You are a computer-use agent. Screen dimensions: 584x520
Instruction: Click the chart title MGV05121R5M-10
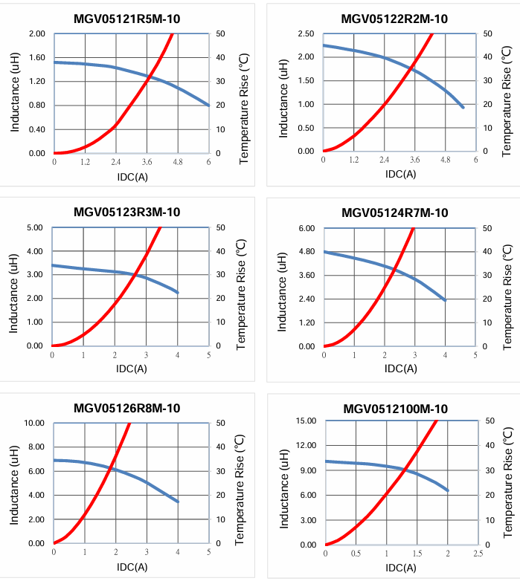click(126, 19)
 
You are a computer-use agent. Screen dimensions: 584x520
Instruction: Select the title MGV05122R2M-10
click(394, 19)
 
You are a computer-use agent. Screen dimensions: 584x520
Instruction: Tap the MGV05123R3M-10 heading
click(126, 212)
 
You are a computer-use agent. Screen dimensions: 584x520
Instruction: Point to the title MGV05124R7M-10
click(395, 213)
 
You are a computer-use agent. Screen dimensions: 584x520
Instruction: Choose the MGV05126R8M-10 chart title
click(126, 408)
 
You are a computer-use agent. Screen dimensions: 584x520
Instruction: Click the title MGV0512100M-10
click(395, 409)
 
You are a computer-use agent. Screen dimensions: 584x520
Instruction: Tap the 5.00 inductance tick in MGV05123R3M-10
click(35, 227)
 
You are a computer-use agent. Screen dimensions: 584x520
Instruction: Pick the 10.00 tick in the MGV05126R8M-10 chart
click(33, 424)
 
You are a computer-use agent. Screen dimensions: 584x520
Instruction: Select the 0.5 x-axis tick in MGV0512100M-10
click(356, 553)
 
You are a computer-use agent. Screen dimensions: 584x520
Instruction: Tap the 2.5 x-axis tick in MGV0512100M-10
click(478, 553)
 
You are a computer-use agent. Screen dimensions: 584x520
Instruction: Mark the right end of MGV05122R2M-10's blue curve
click(463, 108)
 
